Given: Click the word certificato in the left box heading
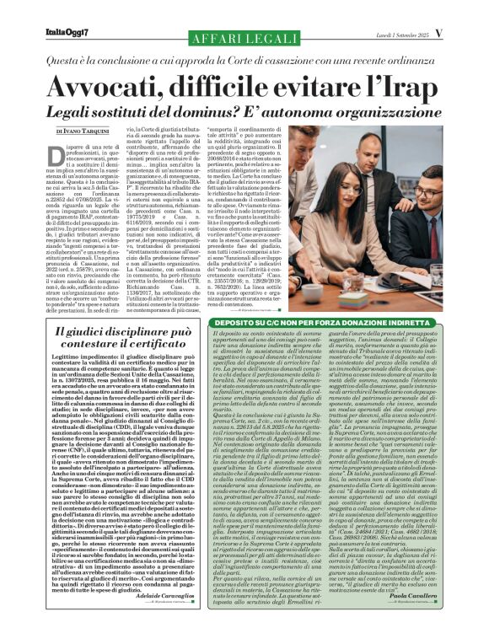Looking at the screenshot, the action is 128,346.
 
